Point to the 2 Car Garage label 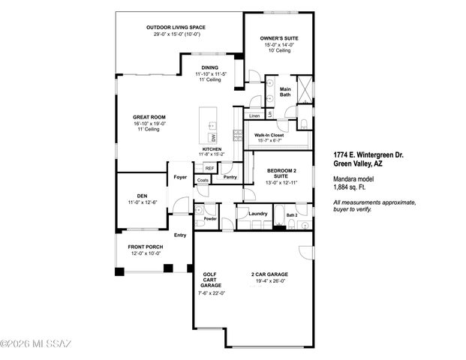[x=269, y=274]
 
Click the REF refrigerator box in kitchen [x=209, y=169]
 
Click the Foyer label [x=180, y=177]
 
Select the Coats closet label [x=203, y=181]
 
